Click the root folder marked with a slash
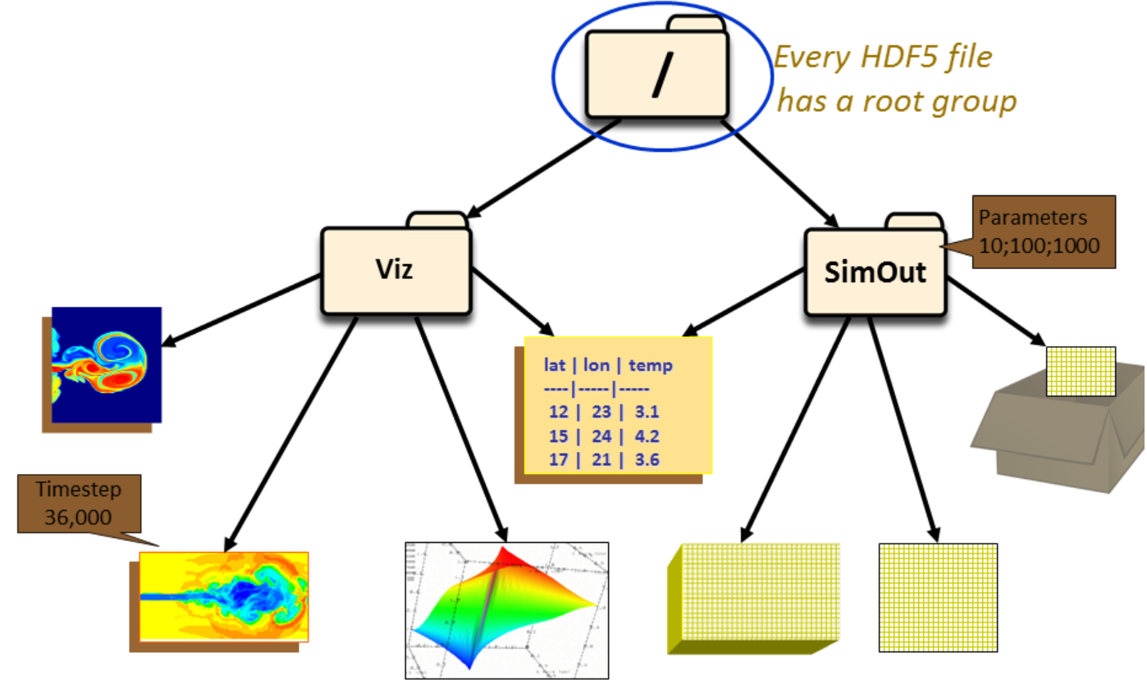[657, 74]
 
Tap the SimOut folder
[875, 271]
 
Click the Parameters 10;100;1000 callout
[1032, 231]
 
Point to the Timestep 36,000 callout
[79, 502]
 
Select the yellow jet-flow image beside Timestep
[223, 595]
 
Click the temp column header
[650, 365]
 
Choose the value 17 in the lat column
[559, 460]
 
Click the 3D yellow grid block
[756, 595]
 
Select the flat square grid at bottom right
[938, 597]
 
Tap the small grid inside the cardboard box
[1081, 372]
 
